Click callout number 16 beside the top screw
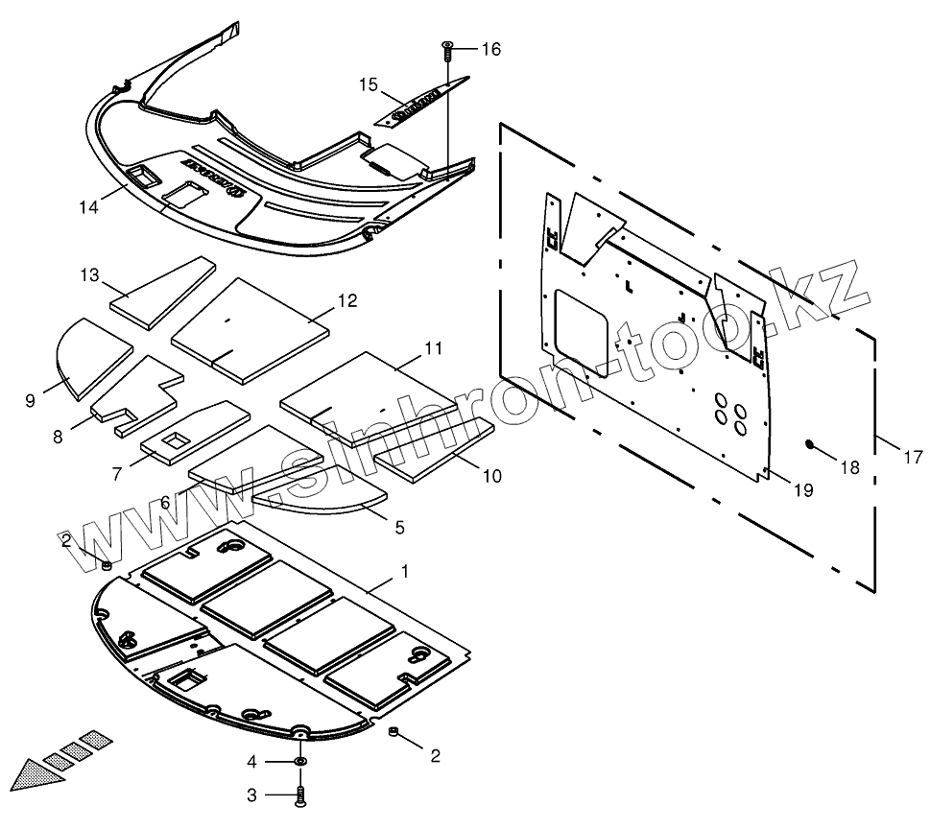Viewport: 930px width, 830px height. tap(490, 50)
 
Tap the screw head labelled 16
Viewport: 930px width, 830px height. tap(448, 46)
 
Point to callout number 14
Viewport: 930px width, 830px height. tap(89, 206)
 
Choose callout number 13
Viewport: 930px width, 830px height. tap(89, 275)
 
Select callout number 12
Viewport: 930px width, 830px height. tap(346, 300)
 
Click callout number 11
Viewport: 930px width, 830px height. tap(433, 347)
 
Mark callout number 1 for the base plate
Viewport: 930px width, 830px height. tap(405, 571)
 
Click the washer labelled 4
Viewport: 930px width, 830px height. tap(300, 761)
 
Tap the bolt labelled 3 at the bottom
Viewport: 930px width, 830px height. tap(302, 794)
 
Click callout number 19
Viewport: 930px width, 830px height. tap(803, 490)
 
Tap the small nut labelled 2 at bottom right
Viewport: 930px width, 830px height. tap(393, 734)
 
